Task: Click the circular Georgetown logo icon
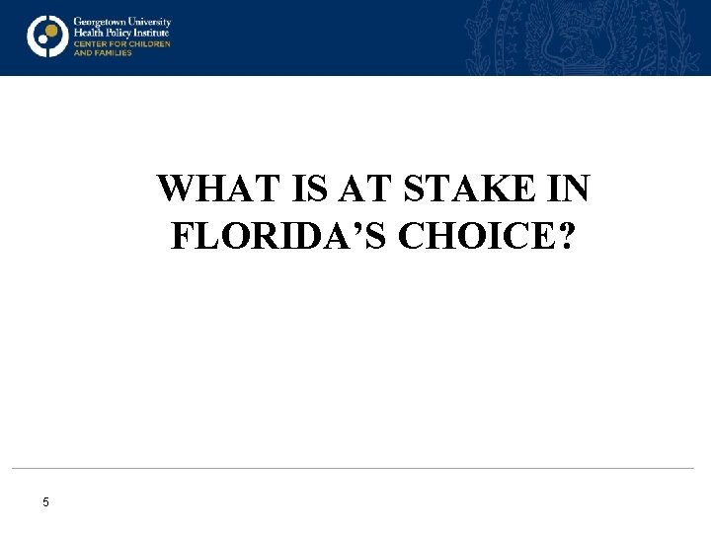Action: [x=46, y=37]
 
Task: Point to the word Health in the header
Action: [x=87, y=32]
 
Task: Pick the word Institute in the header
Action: [x=150, y=32]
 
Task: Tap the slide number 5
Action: [x=45, y=503]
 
